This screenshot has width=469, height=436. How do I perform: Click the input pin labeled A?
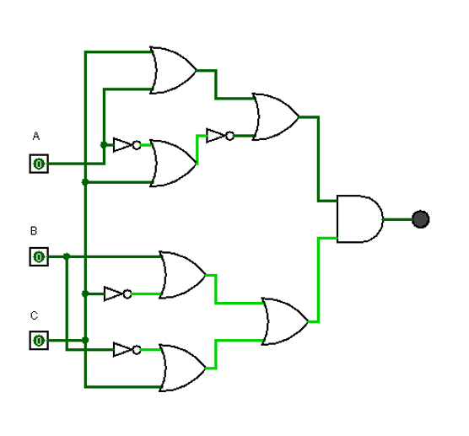point(39,164)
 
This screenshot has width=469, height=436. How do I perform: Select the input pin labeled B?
point(39,256)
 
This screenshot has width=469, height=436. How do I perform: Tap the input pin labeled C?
point(39,340)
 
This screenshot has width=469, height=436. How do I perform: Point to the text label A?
point(35,136)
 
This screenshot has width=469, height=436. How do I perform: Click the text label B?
point(34,230)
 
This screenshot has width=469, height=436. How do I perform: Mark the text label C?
point(34,316)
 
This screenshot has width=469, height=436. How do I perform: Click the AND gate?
point(358,219)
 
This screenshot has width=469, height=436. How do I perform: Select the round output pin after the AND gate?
point(421,219)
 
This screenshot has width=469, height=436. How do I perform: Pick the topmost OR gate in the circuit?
point(172,70)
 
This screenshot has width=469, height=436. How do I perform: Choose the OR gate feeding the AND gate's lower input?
point(284,321)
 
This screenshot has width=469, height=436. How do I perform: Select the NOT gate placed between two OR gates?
point(218,135)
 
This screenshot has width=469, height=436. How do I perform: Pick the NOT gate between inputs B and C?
point(116,293)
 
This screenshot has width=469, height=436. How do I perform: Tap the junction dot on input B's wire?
point(66,256)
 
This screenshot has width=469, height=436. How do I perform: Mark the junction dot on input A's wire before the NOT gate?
point(103,145)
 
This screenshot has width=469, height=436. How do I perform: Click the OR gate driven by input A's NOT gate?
point(172,163)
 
